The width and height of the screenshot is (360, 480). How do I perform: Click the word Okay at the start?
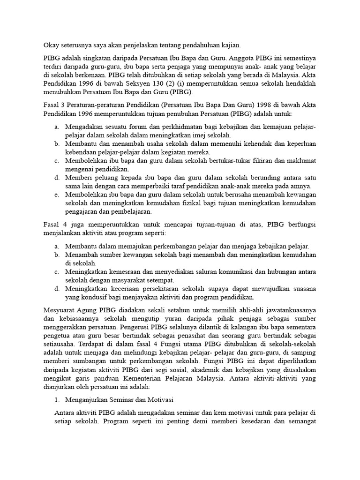[52, 45]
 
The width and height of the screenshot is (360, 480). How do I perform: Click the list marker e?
[56, 195]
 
